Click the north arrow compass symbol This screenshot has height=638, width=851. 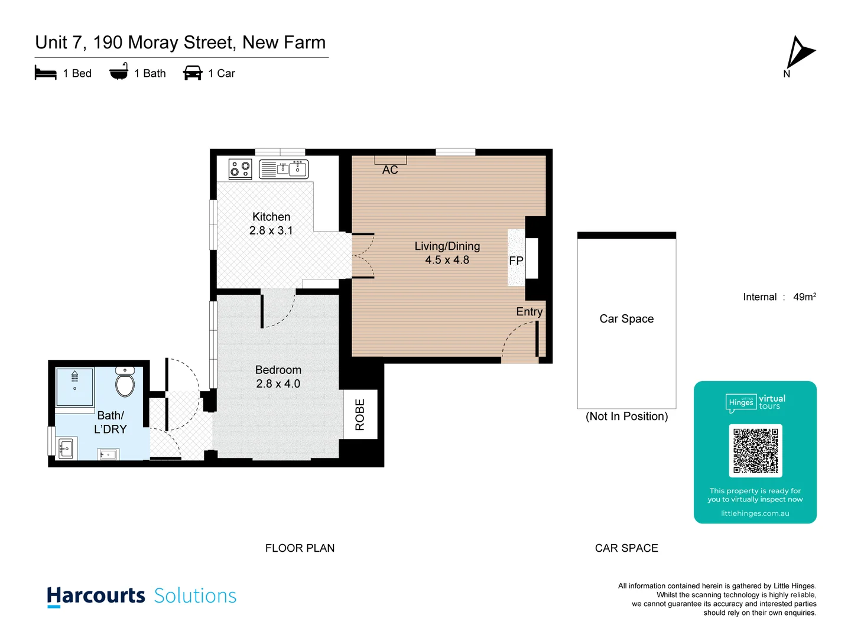[x=799, y=53]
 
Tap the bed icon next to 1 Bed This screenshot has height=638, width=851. [x=46, y=73]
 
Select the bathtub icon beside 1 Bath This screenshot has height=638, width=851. [x=119, y=72]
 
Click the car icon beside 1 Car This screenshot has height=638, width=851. [x=193, y=73]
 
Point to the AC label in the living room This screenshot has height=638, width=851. [x=390, y=170]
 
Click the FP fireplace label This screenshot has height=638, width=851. [x=516, y=261]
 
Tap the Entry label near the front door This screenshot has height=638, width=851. [x=529, y=312]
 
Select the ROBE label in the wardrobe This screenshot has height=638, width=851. [x=360, y=414]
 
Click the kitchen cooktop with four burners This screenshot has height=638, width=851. [x=240, y=169]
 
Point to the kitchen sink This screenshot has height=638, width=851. [x=291, y=168]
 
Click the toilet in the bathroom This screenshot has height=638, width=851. [x=125, y=382]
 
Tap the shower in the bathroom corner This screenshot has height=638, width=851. [x=74, y=387]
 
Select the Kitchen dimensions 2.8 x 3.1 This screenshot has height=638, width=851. [x=271, y=231]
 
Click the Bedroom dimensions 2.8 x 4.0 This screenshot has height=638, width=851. [x=278, y=384]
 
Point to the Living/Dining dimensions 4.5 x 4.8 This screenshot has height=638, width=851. [x=447, y=260]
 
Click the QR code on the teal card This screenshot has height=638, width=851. [x=755, y=451]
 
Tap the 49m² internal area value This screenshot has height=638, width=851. [x=804, y=297]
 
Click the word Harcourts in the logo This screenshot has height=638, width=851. [x=96, y=595]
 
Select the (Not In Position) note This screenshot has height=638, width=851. [x=626, y=416]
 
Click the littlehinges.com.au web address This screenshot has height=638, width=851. [x=755, y=513]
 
